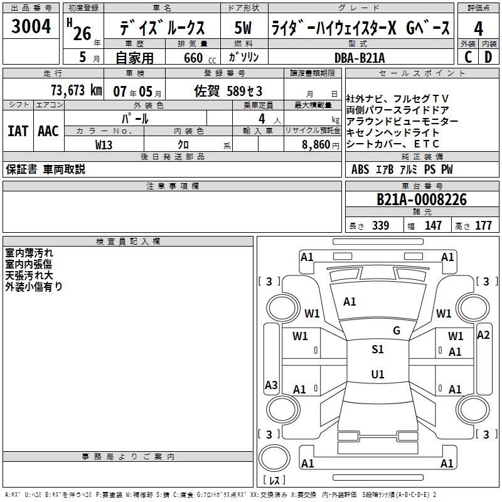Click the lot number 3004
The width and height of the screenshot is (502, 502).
pyautogui.click(x=31, y=28)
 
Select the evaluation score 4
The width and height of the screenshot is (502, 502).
pyautogui.click(x=479, y=28)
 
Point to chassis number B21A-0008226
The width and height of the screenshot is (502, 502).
pyautogui.click(x=422, y=200)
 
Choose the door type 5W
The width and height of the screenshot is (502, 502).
pyautogui.click(x=243, y=28)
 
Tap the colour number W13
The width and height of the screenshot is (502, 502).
pyautogui.click(x=104, y=144)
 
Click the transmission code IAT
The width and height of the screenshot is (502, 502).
pyautogui.click(x=18, y=131)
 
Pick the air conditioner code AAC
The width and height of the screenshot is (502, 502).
pyautogui.click(x=48, y=131)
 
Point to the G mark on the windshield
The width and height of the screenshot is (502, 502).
pyautogui.click(x=397, y=330)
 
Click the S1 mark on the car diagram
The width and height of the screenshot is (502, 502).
pyautogui.click(x=378, y=350)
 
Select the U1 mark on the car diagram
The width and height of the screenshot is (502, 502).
pyautogui.click(x=378, y=375)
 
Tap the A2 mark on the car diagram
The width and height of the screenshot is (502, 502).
pyautogui.click(x=483, y=334)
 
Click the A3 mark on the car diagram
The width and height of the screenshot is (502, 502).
pyautogui.click(x=271, y=385)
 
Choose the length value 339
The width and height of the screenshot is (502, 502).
pyautogui.click(x=380, y=226)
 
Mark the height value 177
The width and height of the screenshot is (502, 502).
pyautogui.click(x=483, y=226)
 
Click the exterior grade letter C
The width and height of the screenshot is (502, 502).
pyautogui.click(x=468, y=57)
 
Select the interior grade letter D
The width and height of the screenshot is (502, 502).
pyautogui.click(x=488, y=57)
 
